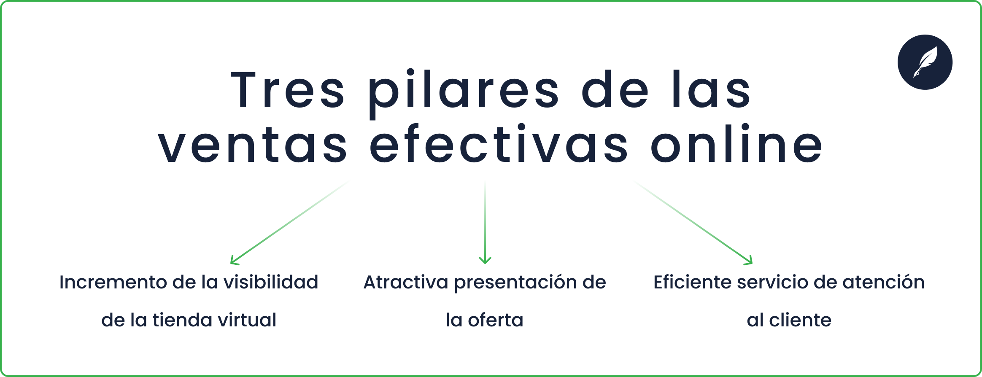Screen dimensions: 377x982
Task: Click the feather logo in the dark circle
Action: point(925,62)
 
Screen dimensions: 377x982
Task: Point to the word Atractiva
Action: point(406,282)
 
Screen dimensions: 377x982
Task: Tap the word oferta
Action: point(496,320)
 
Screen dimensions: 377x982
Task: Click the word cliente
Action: point(800,320)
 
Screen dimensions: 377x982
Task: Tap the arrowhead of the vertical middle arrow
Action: point(485,260)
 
